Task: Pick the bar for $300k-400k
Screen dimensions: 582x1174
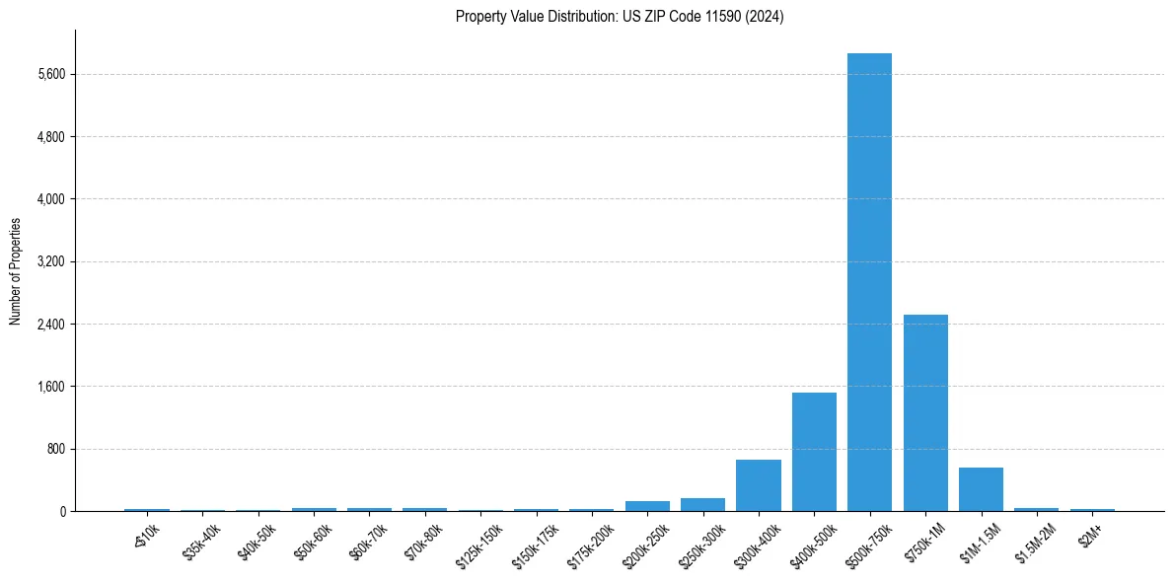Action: [758, 485]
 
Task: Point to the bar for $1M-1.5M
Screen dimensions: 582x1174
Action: [981, 489]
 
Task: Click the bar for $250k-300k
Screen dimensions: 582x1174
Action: [702, 504]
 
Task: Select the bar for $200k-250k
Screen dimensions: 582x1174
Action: [647, 506]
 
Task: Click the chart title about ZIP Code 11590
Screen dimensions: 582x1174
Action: [620, 17]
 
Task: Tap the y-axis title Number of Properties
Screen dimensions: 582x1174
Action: [16, 271]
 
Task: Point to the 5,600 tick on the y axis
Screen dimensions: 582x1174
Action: [49, 74]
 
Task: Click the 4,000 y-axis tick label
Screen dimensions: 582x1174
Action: [49, 199]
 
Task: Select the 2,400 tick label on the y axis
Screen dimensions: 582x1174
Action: [49, 325]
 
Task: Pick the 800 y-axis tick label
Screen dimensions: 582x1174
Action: [54, 449]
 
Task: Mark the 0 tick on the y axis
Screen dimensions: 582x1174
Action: [61, 512]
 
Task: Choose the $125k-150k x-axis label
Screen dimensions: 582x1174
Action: [477, 543]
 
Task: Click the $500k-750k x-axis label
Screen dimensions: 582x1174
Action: [867, 543]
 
